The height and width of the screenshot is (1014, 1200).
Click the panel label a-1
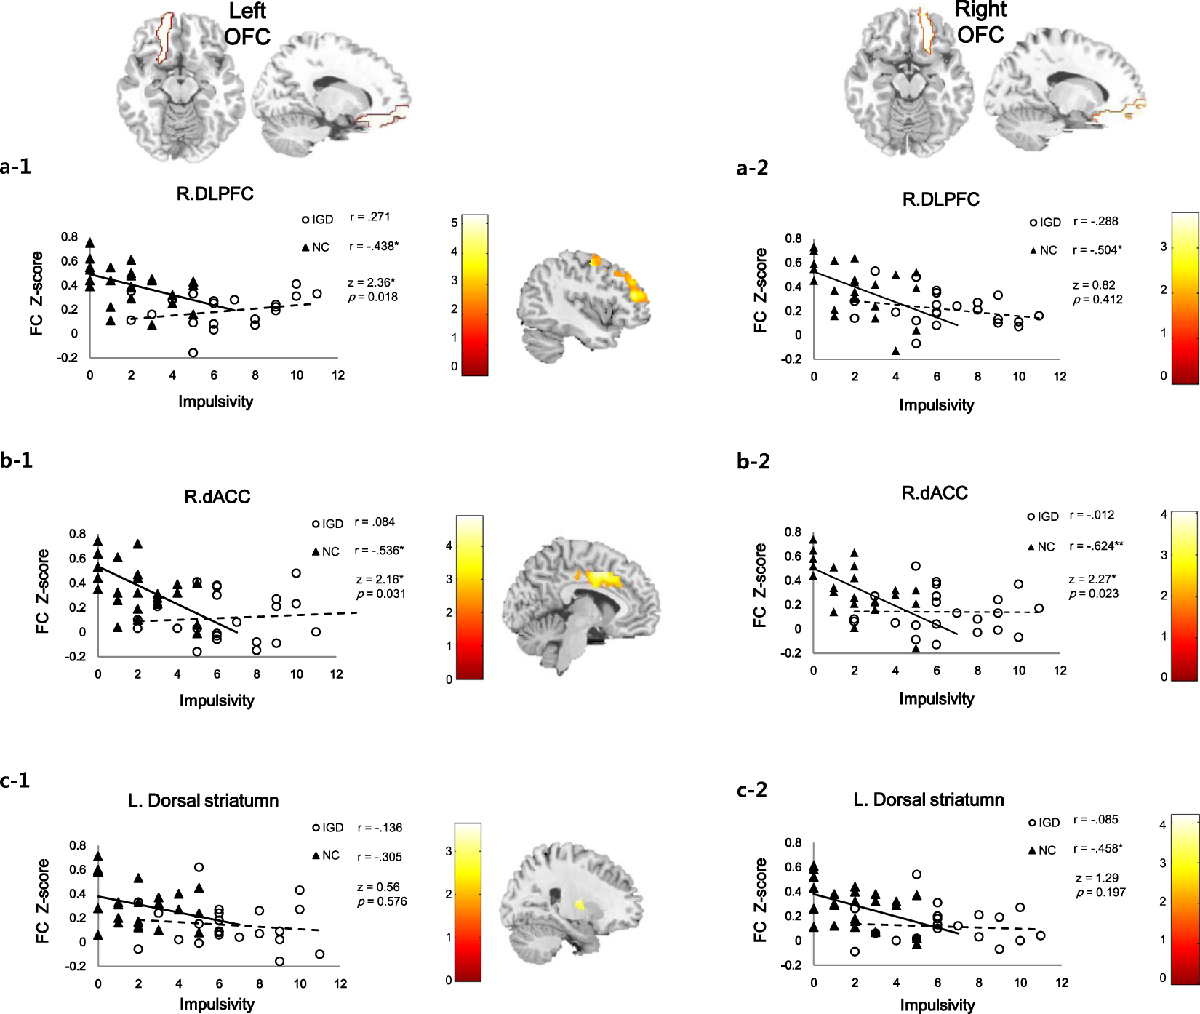tap(15, 167)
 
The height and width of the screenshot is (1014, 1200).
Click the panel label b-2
tap(753, 461)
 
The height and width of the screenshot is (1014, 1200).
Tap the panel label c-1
tap(15, 781)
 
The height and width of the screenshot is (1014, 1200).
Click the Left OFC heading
tap(247, 24)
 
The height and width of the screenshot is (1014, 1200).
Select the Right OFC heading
tap(980, 22)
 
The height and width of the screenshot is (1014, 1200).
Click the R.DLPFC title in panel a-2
tap(940, 199)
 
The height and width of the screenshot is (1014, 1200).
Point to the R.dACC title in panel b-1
tap(217, 497)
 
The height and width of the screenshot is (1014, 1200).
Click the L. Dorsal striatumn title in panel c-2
tap(928, 799)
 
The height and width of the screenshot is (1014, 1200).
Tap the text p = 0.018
tap(372, 297)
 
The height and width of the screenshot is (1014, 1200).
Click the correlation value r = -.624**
tap(1097, 546)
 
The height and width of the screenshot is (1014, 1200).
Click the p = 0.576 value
tap(382, 902)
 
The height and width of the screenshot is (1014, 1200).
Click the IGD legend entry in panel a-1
tap(318, 220)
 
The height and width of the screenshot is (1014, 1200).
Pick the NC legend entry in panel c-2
tap(1041, 850)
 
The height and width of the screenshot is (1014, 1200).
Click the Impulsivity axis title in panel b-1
tap(217, 700)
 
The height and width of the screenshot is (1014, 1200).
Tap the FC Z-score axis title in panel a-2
tap(761, 290)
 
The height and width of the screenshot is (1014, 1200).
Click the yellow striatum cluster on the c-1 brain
tap(580, 905)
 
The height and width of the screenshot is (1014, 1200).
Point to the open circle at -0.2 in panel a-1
tap(193, 353)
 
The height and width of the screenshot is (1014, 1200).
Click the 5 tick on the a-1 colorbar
tap(454, 223)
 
